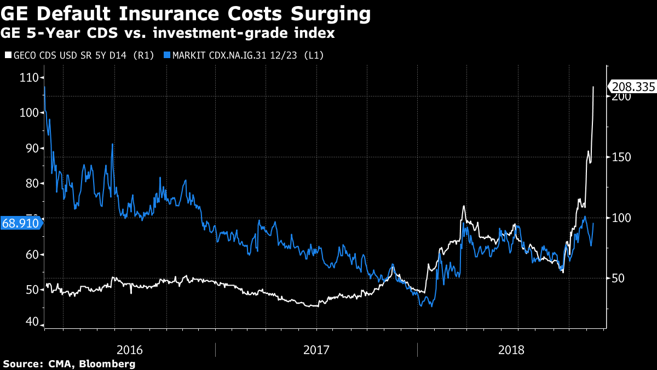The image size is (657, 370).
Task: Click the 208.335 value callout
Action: (632, 87)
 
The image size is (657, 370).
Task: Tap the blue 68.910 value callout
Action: (20, 223)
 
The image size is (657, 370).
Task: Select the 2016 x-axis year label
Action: (130, 350)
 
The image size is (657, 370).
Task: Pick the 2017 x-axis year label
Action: (316, 350)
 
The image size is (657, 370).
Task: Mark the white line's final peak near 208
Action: (593, 87)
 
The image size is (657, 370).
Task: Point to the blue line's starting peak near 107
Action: (44, 87)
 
